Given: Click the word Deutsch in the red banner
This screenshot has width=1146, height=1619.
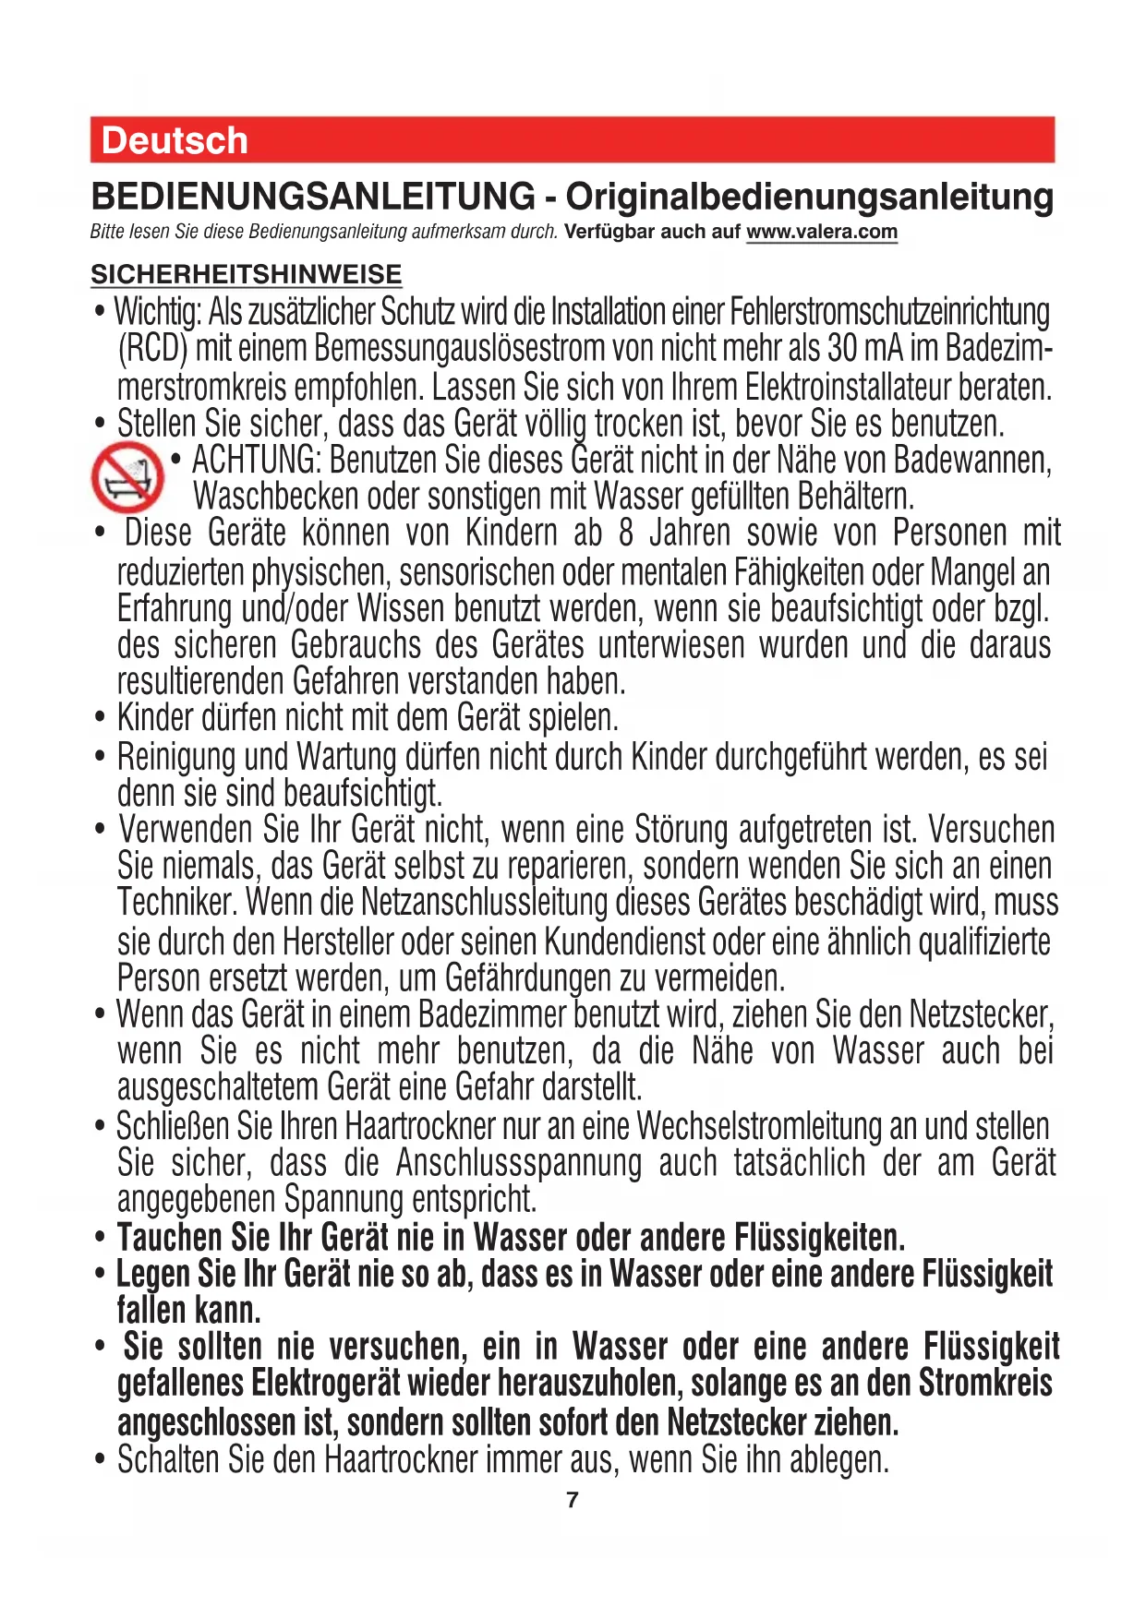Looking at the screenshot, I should (x=175, y=140).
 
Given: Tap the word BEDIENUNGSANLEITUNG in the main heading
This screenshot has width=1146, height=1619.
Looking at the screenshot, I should (x=313, y=197).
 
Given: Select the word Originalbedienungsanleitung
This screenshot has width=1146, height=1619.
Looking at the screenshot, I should (x=809, y=197).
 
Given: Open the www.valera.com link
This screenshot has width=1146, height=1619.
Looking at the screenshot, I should (x=821, y=232).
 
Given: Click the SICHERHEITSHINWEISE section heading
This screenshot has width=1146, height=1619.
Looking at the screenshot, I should (x=247, y=274).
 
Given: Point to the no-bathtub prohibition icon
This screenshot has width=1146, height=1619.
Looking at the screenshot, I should (x=127, y=477).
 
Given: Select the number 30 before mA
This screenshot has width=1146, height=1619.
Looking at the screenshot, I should (x=843, y=349).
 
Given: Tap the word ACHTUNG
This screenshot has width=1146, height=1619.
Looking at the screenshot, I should (x=255, y=460).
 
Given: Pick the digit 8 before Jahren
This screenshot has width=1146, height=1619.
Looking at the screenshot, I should (x=627, y=534).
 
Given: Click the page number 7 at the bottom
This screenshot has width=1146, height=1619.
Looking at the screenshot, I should (x=573, y=1500).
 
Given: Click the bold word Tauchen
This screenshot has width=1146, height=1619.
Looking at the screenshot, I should (x=171, y=1237).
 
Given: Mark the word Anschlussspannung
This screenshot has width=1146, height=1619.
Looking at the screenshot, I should (x=518, y=1163).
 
